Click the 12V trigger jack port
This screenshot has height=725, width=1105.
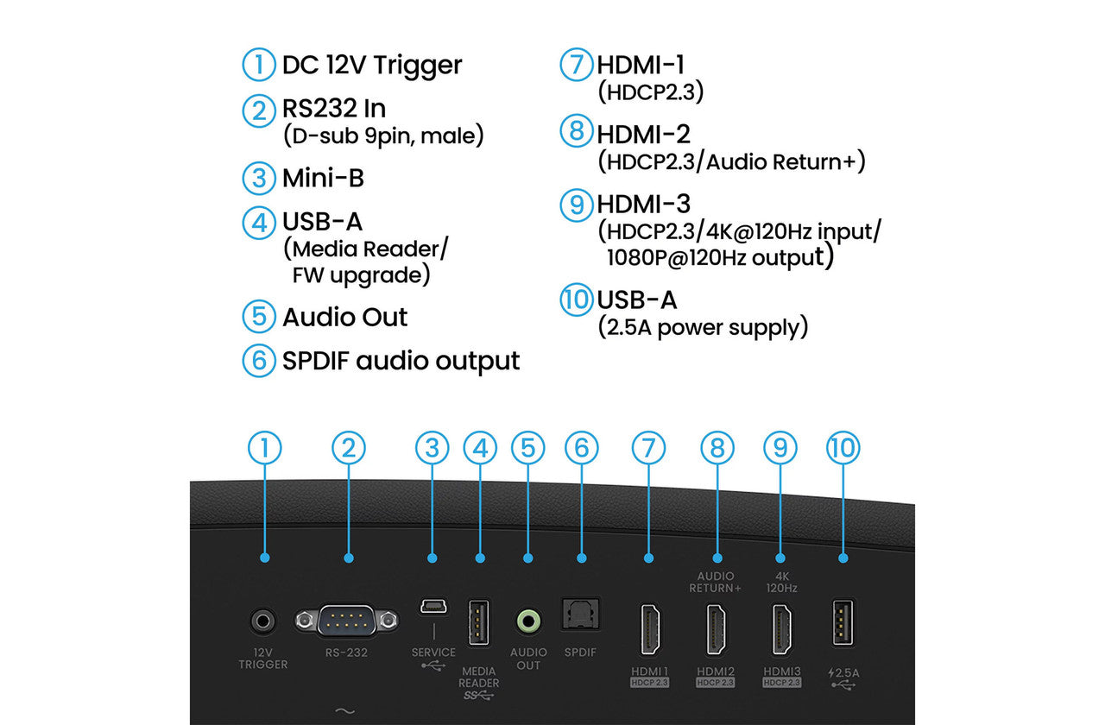pyautogui.click(x=263, y=621)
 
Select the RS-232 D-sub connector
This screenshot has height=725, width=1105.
pyautogui.click(x=348, y=621)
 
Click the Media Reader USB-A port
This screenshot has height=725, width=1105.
pyautogui.click(x=480, y=621)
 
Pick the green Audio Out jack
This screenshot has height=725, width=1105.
pyautogui.click(x=527, y=621)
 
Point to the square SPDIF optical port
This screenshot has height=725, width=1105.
pyautogui.click(x=581, y=615)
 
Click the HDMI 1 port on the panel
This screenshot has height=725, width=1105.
pyautogui.click(x=648, y=630)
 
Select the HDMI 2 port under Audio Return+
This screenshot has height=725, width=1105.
pyautogui.click(x=716, y=630)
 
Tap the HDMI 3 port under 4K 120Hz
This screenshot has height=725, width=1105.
pyautogui.click(x=781, y=630)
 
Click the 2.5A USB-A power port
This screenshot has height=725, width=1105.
pyautogui.click(x=843, y=621)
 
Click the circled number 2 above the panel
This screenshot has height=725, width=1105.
pyautogui.click(x=349, y=447)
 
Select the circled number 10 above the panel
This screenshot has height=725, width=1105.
pyautogui.click(x=843, y=447)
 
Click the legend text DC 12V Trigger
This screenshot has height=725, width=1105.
pyautogui.click(x=372, y=65)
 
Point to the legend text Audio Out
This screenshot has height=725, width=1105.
pyautogui.click(x=344, y=317)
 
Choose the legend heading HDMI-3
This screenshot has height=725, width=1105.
pyautogui.click(x=643, y=205)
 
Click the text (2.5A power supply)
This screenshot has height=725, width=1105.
pyautogui.click(x=703, y=328)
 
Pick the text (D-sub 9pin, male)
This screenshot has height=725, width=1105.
pyautogui.click(x=382, y=136)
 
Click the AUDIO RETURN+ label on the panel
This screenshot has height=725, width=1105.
pyautogui.click(x=716, y=582)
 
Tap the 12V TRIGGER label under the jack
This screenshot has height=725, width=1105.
pyautogui.click(x=263, y=659)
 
